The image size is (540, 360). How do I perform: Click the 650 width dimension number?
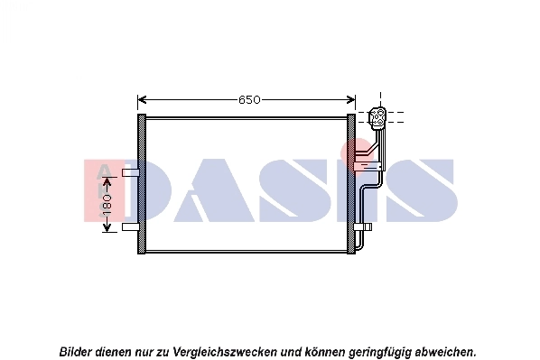(x=249, y=99)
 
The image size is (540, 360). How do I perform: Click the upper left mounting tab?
(x=130, y=171)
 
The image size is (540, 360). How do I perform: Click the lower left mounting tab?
(x=130, y=226)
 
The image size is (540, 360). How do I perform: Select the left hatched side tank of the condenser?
(x=141, y=184)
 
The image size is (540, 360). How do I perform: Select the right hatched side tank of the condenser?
(x=352, y=184)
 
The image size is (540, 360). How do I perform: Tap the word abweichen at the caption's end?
(x=444, y=349)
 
